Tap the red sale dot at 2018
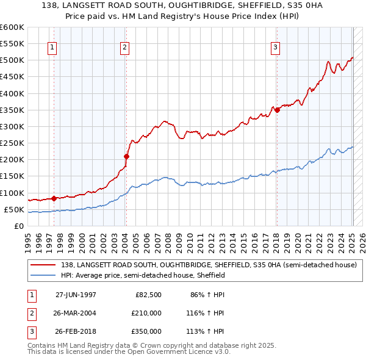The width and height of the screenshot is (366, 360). click(277, 110)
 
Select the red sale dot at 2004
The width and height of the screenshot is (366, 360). click(126, 156)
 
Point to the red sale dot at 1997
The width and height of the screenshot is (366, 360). click(54, 198)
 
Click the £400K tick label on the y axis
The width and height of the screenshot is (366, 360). click(12, 93)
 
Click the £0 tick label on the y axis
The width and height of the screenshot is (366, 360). click(19, 226)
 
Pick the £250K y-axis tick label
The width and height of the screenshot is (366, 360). click(12, 143)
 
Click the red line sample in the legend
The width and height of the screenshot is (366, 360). click(44, 265)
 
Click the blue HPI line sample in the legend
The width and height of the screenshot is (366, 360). click(44, 275)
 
